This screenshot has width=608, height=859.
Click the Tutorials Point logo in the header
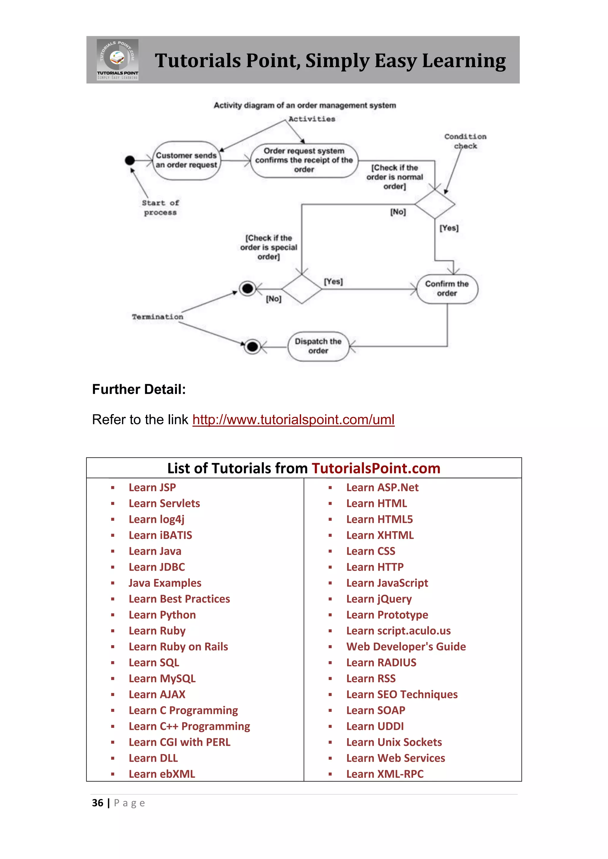pos(118,60)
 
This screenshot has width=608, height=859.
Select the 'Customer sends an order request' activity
pos(186,160)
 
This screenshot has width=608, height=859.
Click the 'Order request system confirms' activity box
pos(304,160)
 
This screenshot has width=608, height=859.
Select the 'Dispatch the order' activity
pos(318,346)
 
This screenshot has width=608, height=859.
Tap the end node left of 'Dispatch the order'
pos(253,347)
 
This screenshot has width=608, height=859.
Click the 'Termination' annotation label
pos(158,317)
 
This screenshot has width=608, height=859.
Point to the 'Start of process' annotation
pos(160,208)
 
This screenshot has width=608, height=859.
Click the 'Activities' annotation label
pos(312,119)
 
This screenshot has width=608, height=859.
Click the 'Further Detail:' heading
pos(139,389)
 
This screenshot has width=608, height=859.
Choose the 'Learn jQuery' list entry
pos(379,599)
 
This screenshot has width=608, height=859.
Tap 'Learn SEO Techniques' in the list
pos(402,694)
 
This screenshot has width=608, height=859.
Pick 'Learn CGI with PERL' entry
pos(179,742)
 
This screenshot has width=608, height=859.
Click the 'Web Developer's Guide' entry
pos(406,647)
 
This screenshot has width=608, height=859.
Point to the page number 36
pos(98,803)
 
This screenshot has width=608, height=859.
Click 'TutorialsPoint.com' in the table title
pos(376,468)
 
